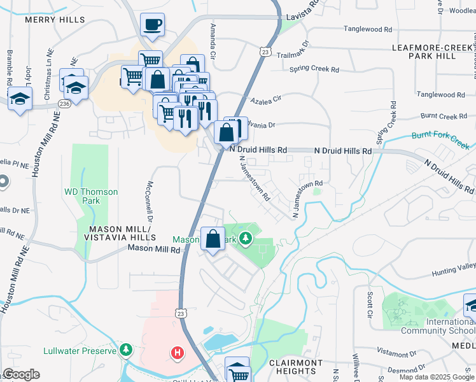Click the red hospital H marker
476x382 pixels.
176,352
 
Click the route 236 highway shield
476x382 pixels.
64,103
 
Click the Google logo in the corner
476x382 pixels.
22,374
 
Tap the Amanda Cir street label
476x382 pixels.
213,41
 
